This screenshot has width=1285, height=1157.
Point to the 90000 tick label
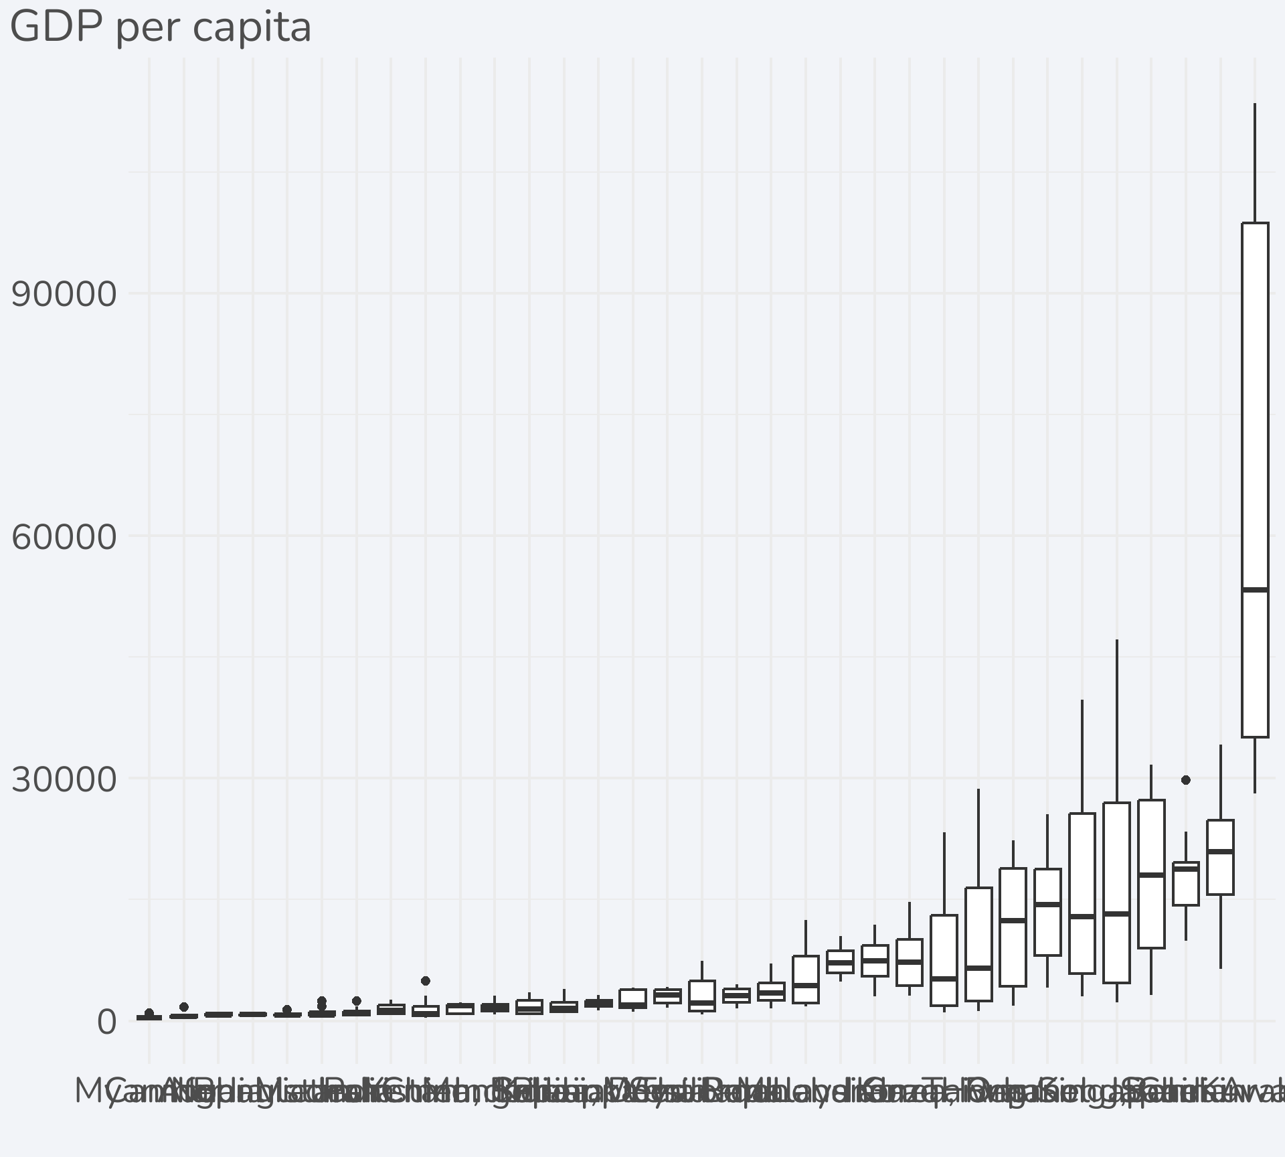tap(64, 294)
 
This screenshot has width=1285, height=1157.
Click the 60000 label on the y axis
tap(64, 537)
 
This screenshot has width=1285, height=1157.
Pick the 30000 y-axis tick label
tap(64, 779)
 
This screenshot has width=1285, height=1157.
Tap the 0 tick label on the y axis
tap(107, 1022)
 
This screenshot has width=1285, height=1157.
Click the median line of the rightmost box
tap(1255, 590)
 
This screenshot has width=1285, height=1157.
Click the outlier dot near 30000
tap(1186, 780)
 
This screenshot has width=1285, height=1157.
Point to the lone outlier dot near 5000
tap(426, 981)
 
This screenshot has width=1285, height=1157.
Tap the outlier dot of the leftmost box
tap(149, 1013)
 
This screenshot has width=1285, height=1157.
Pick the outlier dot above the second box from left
tap(184, 1007)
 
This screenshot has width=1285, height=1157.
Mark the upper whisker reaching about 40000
tap(1082, 757)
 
